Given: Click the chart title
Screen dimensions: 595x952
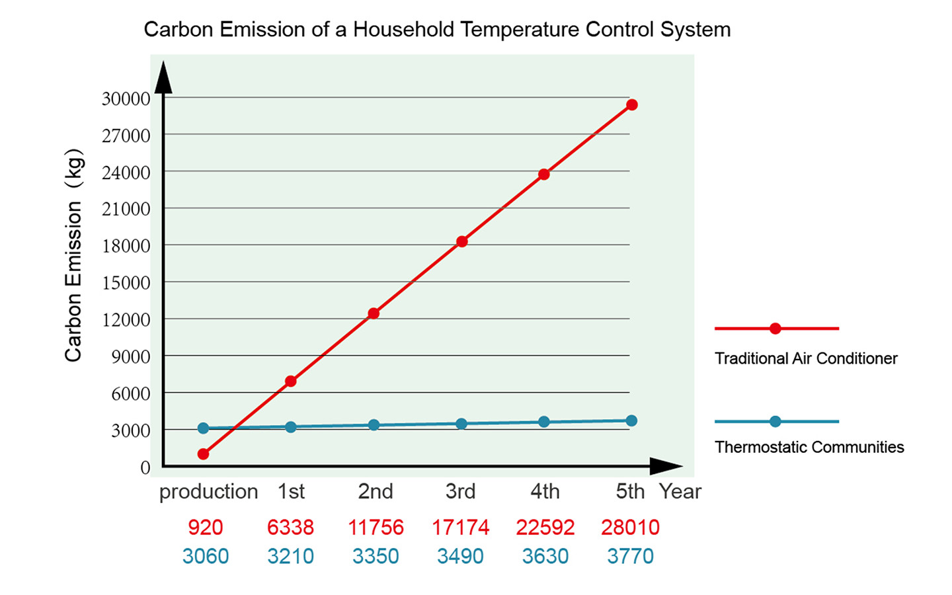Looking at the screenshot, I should [x=437, y=30].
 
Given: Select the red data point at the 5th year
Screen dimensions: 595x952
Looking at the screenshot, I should [x=632, y=104].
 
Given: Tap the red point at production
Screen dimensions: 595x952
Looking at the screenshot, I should [x=203, y=454].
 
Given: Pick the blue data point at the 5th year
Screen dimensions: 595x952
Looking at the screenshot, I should [x=631, y=420].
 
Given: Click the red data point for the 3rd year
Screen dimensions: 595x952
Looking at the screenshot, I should [x=461, y=241].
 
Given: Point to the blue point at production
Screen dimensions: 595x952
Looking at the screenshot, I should [x=203, y=428].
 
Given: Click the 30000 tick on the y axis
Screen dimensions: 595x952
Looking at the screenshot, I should [x=126, y=99].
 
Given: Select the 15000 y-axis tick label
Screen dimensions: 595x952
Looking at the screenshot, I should [x=126, y=282].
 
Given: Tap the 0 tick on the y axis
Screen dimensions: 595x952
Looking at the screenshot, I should [x=145, y=467].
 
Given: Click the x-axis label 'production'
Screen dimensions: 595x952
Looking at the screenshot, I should [x=208, y=491].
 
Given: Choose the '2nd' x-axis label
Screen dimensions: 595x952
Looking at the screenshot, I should [x=376, y=491].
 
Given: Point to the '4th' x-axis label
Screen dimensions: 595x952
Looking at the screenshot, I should [x=545, y=491].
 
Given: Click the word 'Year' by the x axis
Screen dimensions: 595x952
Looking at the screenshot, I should [x=680, y=491].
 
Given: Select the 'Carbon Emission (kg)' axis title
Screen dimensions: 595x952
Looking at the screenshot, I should [x=73, y=255].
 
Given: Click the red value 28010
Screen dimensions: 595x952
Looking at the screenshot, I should [x=630, y=527].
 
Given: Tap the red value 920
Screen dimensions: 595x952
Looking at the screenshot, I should [x=205, y=527].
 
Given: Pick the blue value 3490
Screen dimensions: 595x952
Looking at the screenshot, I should [x=460, y=556].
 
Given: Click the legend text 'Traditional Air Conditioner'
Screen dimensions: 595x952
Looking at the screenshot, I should [x=806, y=358].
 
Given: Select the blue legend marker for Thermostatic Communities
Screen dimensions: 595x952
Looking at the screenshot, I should [x=775, y=421].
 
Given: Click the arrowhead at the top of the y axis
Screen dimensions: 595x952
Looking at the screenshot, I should [x=163, y=77].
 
